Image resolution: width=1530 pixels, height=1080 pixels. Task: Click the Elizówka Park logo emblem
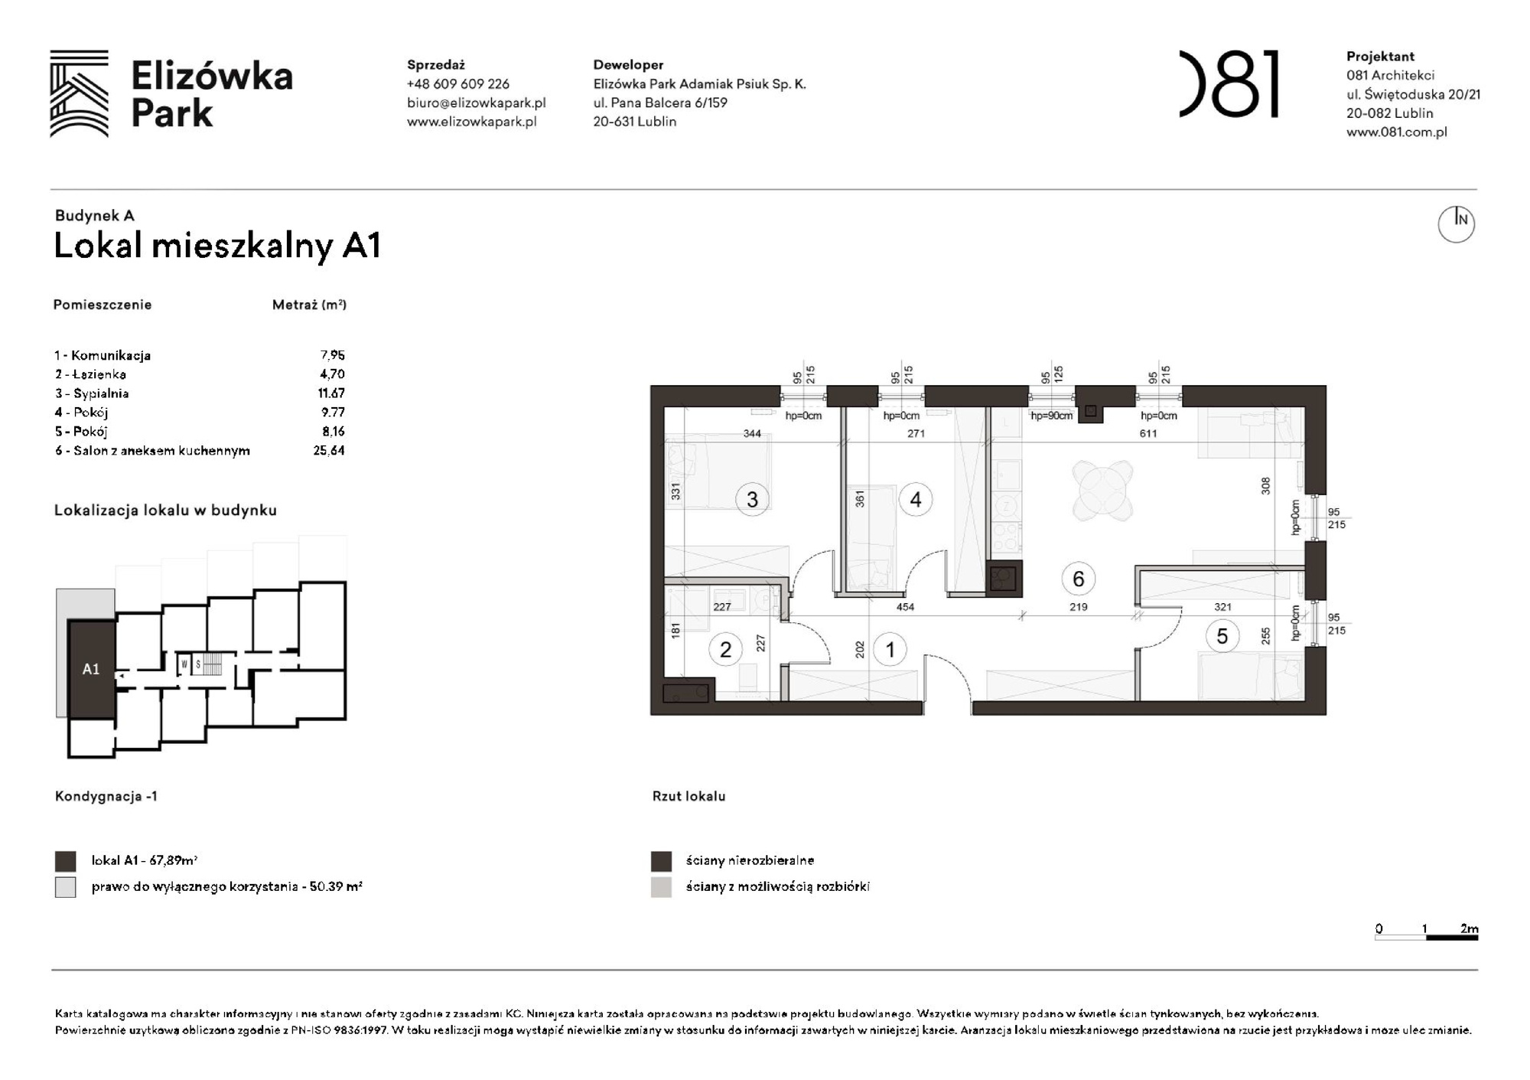click(80, 93)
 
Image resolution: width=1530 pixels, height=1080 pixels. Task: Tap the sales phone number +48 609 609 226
click(457, 84)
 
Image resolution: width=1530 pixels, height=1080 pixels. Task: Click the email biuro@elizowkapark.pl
click(476, 103)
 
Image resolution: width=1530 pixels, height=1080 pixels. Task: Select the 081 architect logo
click(1229, 84)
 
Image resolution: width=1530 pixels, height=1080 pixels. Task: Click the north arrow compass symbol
click(1456, 224)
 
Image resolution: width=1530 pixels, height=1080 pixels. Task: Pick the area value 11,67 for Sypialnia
click(331, 393)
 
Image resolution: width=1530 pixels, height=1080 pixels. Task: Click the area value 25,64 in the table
click(329, 451)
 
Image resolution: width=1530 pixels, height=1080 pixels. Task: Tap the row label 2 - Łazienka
click(90, 374)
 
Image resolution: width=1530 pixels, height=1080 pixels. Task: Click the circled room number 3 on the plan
click(752, 500)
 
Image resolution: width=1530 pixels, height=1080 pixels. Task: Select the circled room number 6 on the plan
click(1078, 579)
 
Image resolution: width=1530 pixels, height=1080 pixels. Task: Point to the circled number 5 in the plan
click(1222, 636)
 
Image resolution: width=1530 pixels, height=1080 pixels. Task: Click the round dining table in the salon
click(1103, 491)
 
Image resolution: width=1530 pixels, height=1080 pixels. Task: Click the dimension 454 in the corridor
click(905, 607)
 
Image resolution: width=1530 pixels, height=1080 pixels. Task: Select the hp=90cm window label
click(1051, 416)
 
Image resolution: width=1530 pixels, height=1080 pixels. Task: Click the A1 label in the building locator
click(91, 669)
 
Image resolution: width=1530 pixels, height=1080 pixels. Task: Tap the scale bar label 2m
click(1468, 928)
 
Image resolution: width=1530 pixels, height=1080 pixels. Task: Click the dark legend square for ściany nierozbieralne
click(661, 861)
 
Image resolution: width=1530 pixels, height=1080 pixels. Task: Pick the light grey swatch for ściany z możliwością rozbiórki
click(661, 887)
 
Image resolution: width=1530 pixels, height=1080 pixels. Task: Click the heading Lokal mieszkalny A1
click(217, 246)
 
